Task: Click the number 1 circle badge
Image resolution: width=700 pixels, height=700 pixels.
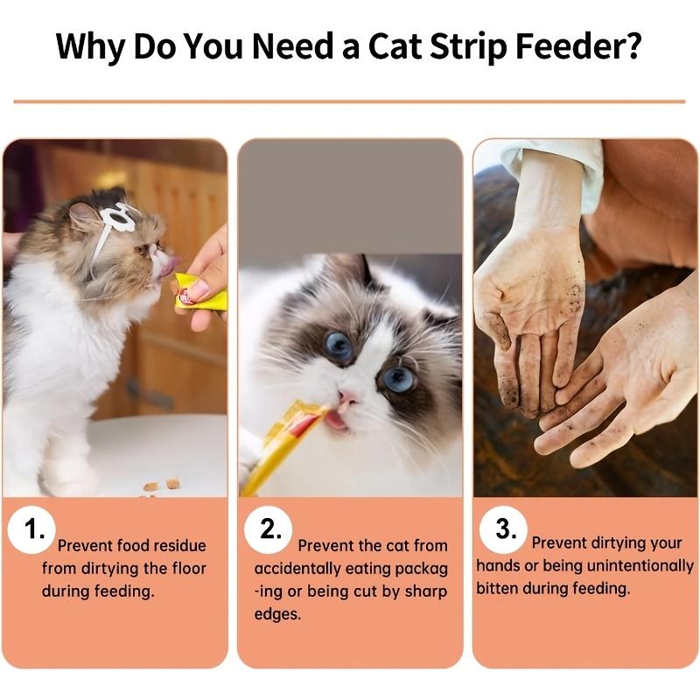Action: [x=32, y=530]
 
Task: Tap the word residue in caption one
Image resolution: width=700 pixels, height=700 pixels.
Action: [x=175, y=546]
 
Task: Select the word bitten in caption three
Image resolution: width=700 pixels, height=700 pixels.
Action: [x=498, y=588]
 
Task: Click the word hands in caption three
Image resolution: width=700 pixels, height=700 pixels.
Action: [x=497, y=566]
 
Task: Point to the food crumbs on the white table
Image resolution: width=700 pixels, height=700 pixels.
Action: [x=162, y=484]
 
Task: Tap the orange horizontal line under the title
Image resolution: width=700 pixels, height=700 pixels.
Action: [x=350, y=101]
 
